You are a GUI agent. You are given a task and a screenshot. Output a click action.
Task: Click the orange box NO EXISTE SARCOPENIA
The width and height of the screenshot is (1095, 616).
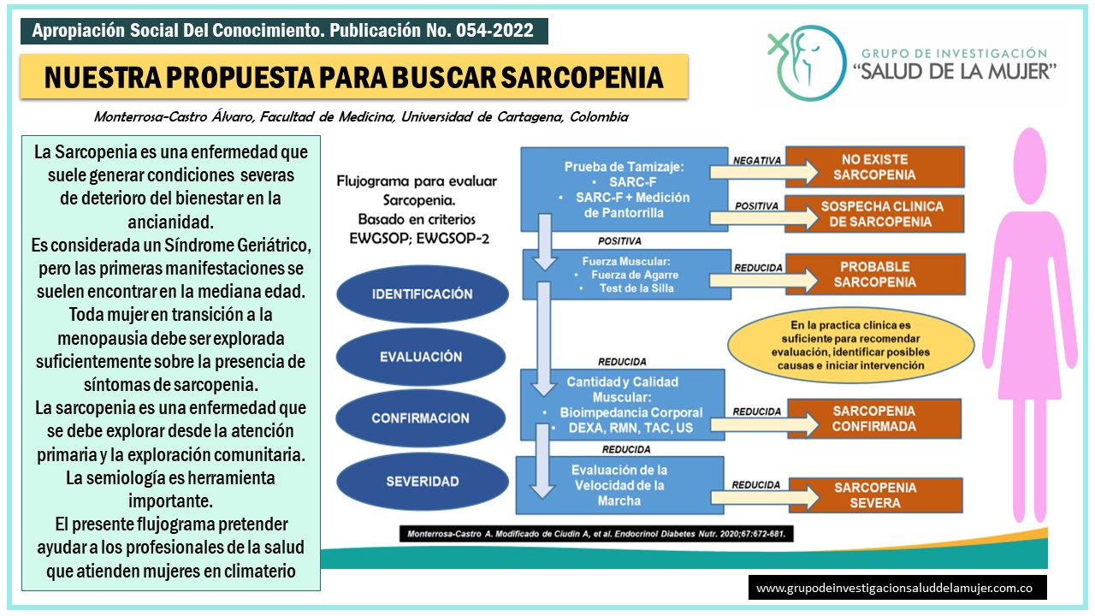coord(874,167)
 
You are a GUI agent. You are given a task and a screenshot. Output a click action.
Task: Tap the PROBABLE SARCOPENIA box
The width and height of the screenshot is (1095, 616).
coord(874,275)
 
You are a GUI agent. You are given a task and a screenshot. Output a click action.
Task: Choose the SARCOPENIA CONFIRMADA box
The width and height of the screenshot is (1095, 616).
coord(874,418)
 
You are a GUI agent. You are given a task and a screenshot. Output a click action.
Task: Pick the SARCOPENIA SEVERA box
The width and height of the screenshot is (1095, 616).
coord(874,495)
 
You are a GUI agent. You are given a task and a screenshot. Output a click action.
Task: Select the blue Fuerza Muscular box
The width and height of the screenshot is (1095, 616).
coord(627,275)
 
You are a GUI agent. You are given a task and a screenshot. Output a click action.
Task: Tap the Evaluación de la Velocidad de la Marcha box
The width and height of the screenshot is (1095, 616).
coord(619,485)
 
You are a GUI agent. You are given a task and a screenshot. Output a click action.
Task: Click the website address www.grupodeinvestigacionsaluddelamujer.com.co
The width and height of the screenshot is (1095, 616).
coord(897,589)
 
